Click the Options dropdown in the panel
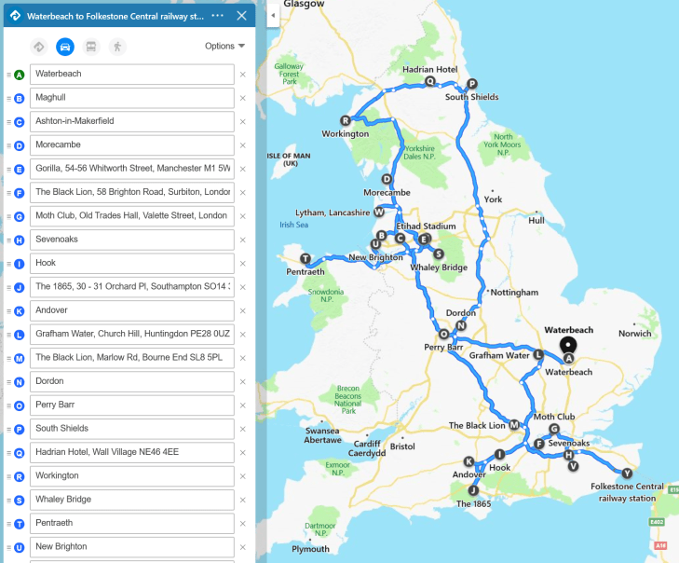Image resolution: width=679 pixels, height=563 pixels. click(x=224, y=46)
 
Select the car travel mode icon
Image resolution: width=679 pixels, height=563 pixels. click(x=65, y=46)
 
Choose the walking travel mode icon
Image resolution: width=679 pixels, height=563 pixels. click(x=117, y=46)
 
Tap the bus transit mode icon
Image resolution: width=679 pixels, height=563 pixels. click(x=91, y=46)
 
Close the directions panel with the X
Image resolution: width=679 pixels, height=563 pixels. click(x=242, y=16)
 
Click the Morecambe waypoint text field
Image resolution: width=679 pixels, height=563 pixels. click(x=131, y=145)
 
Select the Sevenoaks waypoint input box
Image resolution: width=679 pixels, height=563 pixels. click(x=131, y=240)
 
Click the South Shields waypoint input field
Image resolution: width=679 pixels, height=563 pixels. click(x=131, y=429)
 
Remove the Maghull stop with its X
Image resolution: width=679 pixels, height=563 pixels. click(x=242, y=98)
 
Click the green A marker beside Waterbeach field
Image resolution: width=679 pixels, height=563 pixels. click(x=19, y=74)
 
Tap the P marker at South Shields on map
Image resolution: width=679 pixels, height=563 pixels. click(x=471, y=83)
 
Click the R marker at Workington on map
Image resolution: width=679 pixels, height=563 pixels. click(x=346, y=120)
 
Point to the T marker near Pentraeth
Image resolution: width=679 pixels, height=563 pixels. click(x=305, y=258)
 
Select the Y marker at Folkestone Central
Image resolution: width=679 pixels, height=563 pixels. click(x=627, y=473)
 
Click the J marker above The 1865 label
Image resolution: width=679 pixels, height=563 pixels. click(x=473, y=490)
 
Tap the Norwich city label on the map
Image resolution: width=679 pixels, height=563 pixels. click(x=634, y=333)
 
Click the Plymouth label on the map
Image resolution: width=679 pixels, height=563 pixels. click(x=310, y=549)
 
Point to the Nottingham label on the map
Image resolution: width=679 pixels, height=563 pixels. click(x=514, y=292)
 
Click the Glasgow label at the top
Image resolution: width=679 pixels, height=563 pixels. click(x=304, y=5)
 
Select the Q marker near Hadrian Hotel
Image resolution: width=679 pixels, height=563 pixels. click(x=430, y=81)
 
